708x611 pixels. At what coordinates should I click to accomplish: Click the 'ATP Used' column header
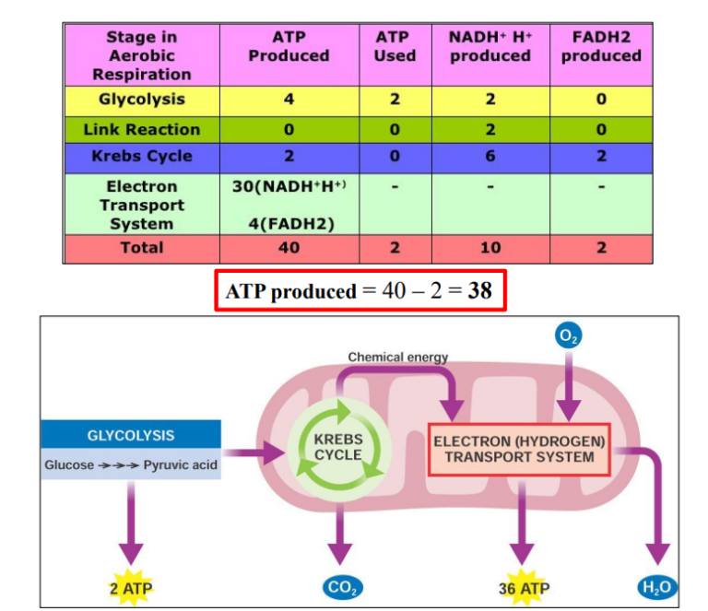395,47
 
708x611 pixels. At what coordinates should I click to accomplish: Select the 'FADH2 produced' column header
601,47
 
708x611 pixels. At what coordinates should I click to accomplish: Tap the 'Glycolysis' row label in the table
141,100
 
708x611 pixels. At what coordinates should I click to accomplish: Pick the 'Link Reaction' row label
141,129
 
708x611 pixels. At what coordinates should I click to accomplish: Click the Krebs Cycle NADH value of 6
490,156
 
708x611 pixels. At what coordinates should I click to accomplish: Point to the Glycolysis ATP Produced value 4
289,100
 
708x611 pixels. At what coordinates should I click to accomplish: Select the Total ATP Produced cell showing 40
289,248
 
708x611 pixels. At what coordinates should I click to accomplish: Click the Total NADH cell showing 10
490,248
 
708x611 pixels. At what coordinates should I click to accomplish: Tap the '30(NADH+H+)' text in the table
288,187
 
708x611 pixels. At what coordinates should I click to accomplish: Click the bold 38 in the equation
478,291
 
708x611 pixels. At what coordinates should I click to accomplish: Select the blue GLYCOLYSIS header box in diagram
130,435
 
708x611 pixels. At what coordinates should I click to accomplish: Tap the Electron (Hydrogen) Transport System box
520,450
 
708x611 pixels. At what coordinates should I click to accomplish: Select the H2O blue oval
656,587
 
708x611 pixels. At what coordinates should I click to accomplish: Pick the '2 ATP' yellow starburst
130,587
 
